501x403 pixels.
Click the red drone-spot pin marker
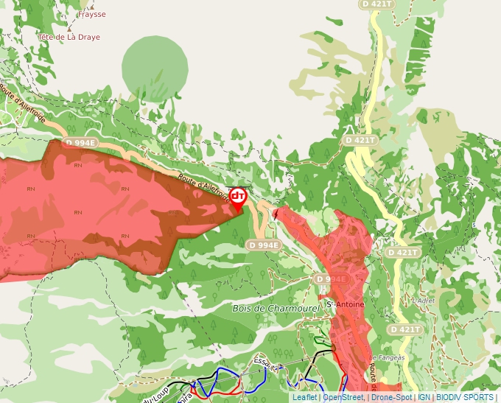click(238, 197)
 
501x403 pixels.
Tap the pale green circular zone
click(155, 66)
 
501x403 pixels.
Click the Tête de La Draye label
click(69, 35)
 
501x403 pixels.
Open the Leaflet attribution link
click(305, 397)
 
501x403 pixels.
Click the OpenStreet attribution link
click(343, 397)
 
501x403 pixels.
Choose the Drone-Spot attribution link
click(391, 397)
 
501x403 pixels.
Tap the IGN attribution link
click(424, 397)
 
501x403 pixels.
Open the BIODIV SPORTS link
click(465, 397)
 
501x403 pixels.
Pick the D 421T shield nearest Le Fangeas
click(405, 329)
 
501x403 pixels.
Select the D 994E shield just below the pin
click(264, 245)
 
